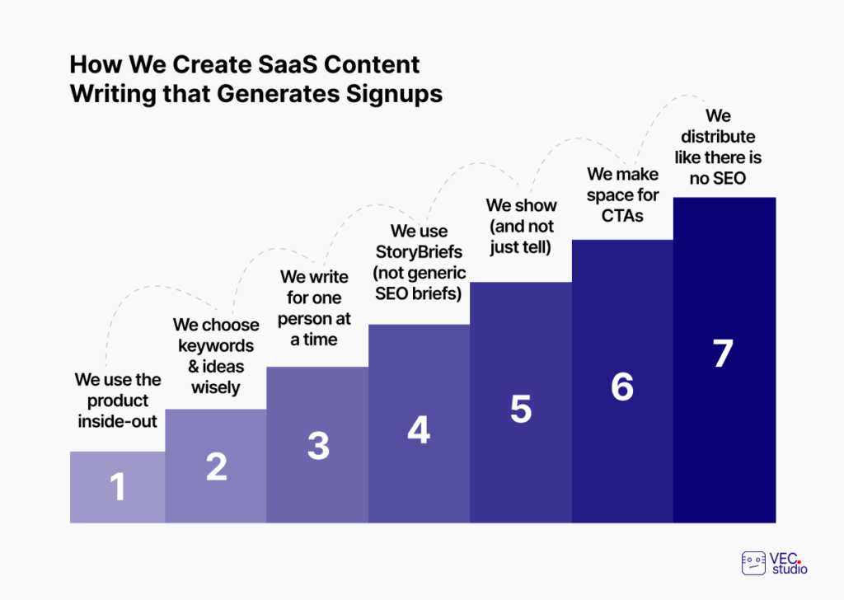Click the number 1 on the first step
pos(118,487)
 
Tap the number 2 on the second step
pos(217,466)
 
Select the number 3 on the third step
pos(318,446)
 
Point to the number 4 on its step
pos(419,429)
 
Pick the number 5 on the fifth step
pos(521,409)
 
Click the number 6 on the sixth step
pos(622,387)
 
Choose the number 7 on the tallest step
pos(723,353)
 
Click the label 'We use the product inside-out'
pos(118,401)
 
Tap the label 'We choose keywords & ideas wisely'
pos(216,356)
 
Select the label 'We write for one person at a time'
pos(314,307)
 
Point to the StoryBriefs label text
pos(419,262)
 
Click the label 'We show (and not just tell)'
pos(521,226)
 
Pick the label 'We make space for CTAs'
pos(623,195)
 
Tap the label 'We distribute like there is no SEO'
pos(718,147)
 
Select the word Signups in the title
pos(394,94)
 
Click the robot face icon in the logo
pos(753,563)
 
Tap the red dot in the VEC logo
pos(799,562)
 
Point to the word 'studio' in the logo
pos(790,568)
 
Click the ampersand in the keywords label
pos(194,367)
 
